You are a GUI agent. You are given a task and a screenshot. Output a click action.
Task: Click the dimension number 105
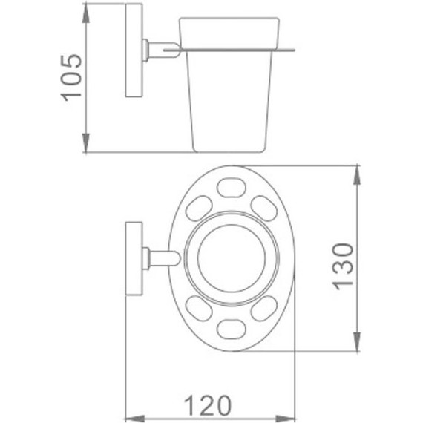coord(71,78)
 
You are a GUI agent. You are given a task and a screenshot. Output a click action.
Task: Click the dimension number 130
coord(343,266)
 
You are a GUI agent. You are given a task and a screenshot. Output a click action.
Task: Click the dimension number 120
coord(208,405)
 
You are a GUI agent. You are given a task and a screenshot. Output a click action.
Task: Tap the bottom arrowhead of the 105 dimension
coord(85,142)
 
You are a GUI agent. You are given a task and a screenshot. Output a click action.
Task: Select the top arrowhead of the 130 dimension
coord(357,175)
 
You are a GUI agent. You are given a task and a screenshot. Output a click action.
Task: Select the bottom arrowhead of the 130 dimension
coord(357,342)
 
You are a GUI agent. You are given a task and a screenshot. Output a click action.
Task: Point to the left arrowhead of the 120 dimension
coord(135,419)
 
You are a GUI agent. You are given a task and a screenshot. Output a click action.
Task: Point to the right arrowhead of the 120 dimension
coord(286,419)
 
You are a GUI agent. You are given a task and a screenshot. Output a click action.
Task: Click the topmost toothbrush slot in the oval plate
coord(232,188)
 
